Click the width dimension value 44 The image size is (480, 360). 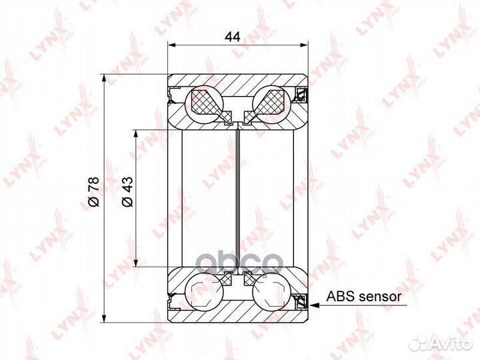[232, 37]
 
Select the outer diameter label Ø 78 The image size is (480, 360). [94, 193]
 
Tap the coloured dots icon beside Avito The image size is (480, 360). [419, 343]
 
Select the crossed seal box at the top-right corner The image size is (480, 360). [301, 92]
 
